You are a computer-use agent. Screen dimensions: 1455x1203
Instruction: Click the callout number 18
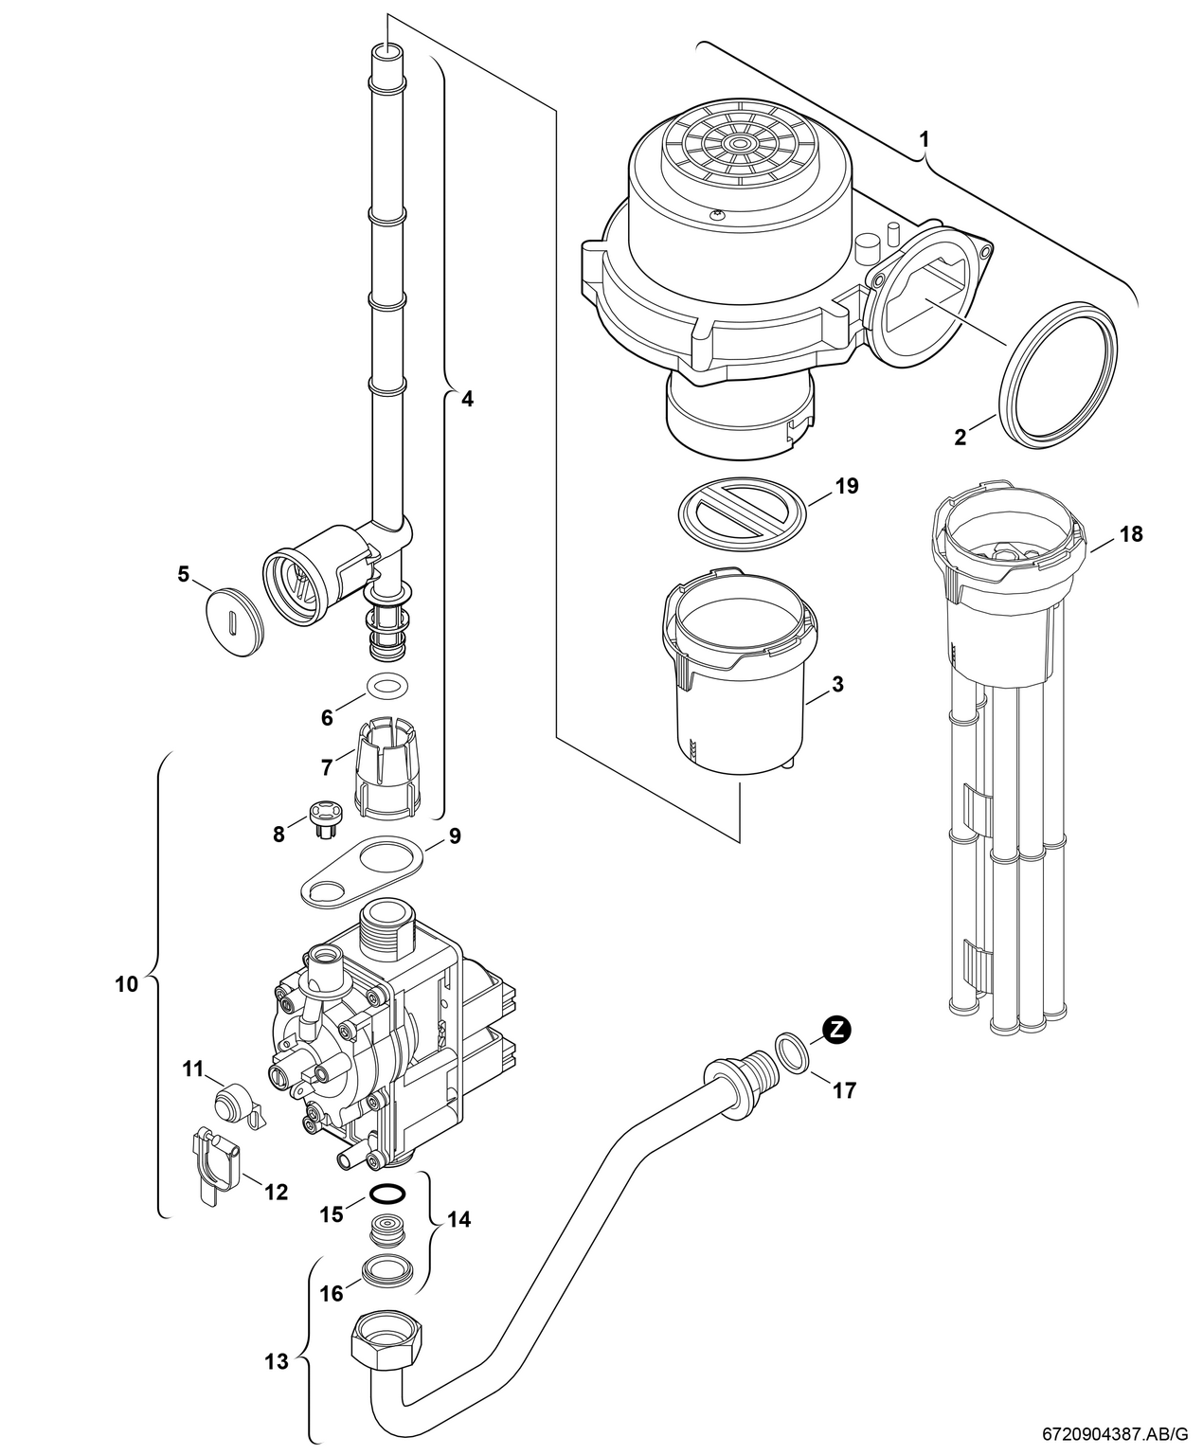click(1130, 534)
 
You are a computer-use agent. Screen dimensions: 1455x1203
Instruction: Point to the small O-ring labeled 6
click(386, 684)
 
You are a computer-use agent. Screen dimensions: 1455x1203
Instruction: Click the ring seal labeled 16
click(387, 1268)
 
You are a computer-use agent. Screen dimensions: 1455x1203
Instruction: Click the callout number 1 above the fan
click(925, 138)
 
